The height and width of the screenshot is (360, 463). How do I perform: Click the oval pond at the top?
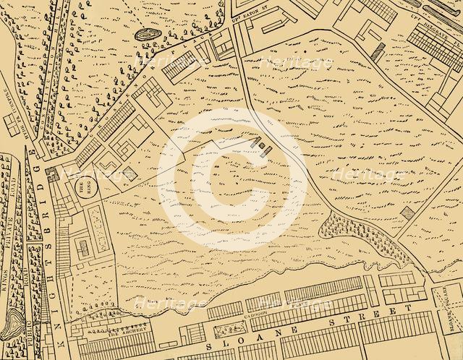148,33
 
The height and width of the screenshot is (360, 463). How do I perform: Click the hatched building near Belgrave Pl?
378,50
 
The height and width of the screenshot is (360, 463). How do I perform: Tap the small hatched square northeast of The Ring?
127,173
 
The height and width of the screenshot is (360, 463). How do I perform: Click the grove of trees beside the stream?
354,231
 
